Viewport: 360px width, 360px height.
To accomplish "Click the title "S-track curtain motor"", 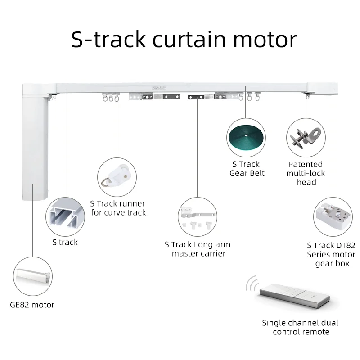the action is click(184, 40).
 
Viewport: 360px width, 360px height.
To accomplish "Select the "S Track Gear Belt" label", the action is click(247, 169).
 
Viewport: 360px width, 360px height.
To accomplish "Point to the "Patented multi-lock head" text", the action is click(306, 173).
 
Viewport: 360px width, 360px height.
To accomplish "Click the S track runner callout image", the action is click(117, 176).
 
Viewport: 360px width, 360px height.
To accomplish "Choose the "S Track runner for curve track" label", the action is click(118, 208).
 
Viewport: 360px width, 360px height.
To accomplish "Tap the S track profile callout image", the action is click(65, 217).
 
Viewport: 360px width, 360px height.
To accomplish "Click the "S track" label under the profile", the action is click(65, 243).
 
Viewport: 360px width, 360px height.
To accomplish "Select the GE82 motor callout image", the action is click(33, 276).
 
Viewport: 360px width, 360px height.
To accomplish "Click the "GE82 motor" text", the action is click(32, 305).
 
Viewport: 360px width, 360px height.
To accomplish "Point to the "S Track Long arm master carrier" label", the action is click(198, 249).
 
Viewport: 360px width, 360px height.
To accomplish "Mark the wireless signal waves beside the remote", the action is click(252, 283).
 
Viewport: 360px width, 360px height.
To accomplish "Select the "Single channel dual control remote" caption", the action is click(300, 327).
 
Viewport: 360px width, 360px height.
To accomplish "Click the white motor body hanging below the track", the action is click(36, 144).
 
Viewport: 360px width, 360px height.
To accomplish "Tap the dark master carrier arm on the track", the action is click(197, 96).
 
